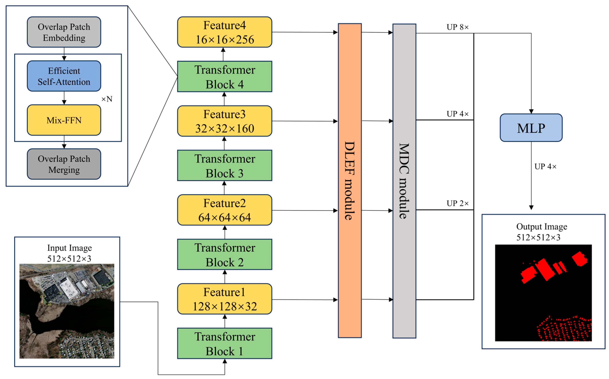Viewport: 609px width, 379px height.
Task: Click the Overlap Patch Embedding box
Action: click(64, 32)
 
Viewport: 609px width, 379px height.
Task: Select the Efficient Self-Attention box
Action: click(64, 76)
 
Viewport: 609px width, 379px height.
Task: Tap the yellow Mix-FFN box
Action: click(64, 120)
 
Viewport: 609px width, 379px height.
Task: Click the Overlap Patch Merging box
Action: click(64, 164)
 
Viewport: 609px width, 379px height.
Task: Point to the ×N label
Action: click(107, 99)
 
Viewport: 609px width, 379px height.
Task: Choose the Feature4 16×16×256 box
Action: click(224, 32)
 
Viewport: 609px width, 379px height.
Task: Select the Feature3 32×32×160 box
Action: click(224, 121)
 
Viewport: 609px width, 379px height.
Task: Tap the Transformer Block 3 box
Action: click(224, 166)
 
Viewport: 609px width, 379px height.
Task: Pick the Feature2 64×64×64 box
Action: click(224, 210)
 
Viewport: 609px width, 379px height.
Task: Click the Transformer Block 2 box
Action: click(224, 255)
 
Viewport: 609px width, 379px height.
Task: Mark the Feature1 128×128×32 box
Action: click(224, 299)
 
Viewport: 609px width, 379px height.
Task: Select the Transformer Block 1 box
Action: click(224, 344)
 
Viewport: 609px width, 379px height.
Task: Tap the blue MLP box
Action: click(531, 128)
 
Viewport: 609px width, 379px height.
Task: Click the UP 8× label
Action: click(457, 27)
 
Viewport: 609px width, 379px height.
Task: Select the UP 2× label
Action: click(457, 203)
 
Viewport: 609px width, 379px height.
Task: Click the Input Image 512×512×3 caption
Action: click(69, 253)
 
